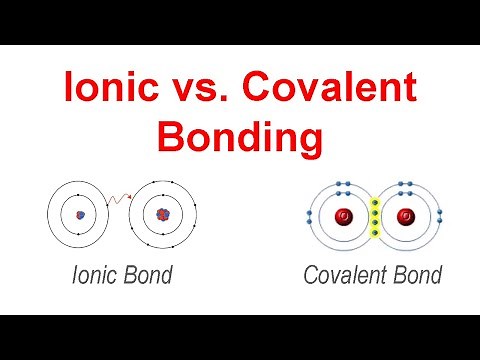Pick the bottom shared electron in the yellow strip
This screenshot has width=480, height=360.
click(374, 234)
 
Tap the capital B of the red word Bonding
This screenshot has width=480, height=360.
click(185, 135)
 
